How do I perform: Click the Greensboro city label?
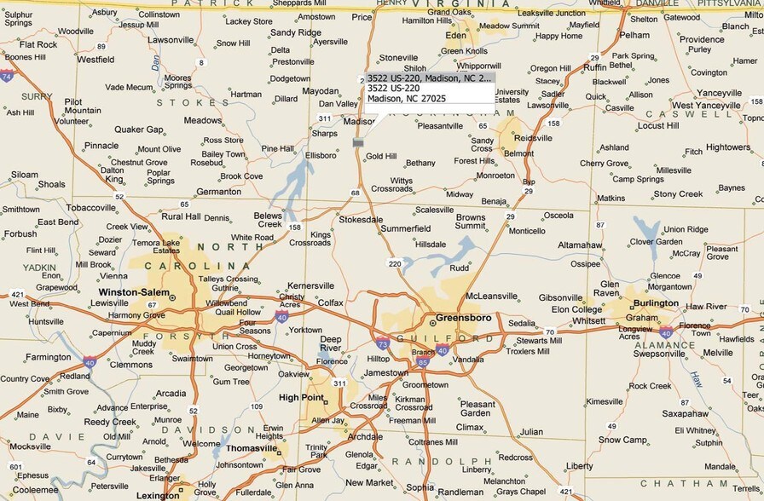click(463, 318)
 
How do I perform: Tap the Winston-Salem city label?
click(134, 291)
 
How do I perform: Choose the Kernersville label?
click(310, 285)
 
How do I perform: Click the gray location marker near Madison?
click(358, 143)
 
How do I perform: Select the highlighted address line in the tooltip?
click(430, 78)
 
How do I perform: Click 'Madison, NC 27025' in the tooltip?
click(406, 99)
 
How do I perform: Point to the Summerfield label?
click(405, 229)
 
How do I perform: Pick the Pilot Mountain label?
click(82, 107)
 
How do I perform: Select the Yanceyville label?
click(719, 93)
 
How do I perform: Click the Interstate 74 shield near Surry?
click(7, 76)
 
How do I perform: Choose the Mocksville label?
click(30, 446)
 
